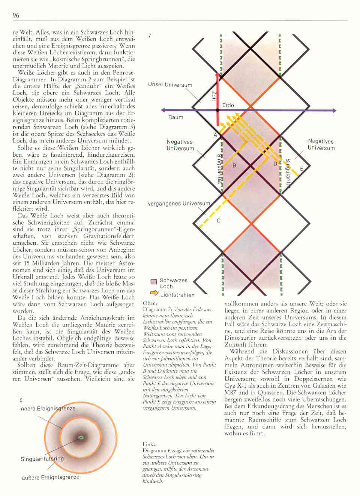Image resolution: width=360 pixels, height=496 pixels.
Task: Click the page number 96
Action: pos(16,15)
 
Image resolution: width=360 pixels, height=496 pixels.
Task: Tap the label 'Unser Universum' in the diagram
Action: pos(170,85)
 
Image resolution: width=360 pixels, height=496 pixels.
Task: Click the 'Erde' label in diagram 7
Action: pos(228,105)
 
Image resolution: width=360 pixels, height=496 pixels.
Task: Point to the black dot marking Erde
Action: pos(217,110)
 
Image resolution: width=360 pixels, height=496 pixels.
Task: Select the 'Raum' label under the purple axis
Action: pos(175,117)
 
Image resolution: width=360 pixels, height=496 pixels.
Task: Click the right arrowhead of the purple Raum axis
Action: pos(333,110)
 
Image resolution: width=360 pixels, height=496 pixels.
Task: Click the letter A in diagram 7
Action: pos(215,135)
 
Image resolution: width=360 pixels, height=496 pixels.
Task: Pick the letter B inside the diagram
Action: pos(234,165)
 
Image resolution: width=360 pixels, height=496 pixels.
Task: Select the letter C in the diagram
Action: pos(219,221)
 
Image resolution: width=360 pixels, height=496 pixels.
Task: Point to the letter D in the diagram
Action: pos(275,164)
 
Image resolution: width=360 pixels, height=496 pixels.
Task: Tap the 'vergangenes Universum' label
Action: pos(179,204)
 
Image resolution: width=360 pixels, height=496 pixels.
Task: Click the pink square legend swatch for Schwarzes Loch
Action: pos(153,282)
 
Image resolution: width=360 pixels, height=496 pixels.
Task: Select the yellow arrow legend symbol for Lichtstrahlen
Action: pos(154,293)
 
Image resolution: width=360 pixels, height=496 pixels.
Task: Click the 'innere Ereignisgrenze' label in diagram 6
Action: pos(47,408)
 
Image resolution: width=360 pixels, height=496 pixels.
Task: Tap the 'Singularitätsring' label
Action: pos(42,459)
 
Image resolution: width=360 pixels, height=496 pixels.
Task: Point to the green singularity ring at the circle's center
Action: pos(81,437)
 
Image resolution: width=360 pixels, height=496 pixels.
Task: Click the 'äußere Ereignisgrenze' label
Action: pos(50,477)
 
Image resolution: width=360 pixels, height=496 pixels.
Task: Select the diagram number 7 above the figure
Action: pos(150,36)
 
